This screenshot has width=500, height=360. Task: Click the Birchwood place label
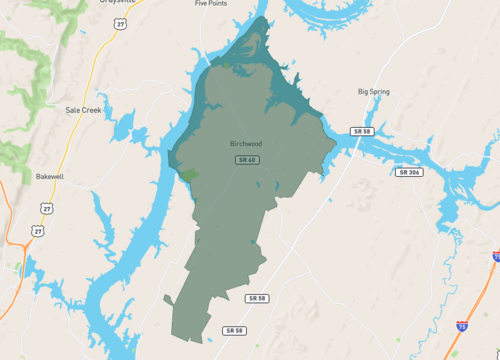pos(246,144)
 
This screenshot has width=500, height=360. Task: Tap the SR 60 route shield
pos(247,160)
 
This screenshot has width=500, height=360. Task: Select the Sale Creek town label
pos(84,110)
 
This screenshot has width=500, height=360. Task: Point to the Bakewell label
pos(49,175)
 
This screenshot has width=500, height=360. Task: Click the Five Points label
pos(212,4)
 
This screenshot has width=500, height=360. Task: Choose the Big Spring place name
pos(375,92)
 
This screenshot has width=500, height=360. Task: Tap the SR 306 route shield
pos(410,173)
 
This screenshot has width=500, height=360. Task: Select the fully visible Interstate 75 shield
pos(461,325)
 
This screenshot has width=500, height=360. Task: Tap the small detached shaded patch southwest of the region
pos(167,299)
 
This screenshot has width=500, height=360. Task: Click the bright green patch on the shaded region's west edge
pos(188,174)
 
